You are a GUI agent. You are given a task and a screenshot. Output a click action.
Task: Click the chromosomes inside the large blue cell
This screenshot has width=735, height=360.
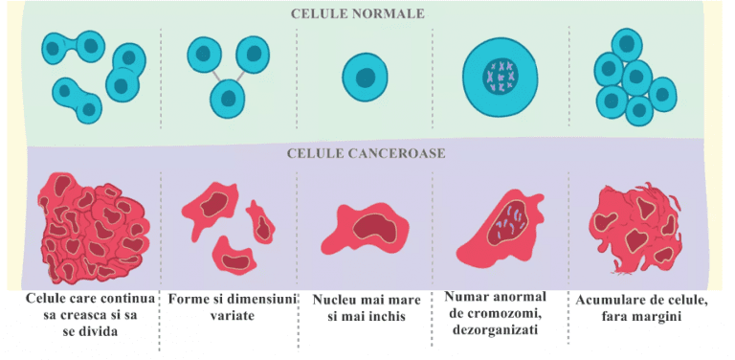click(x=500, y=77)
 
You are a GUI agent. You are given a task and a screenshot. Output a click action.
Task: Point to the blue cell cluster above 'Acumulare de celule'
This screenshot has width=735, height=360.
click(x=632, y=77)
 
